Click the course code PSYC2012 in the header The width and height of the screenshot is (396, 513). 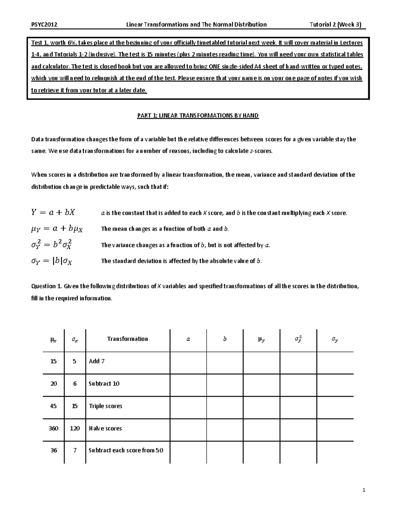pos(44,24)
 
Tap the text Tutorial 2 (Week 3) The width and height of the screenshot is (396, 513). pos(335,24)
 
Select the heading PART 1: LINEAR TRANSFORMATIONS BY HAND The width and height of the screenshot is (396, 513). pos(198,116)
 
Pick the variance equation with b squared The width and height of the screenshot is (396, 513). pos(52,245)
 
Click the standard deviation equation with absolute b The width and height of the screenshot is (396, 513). pos(51,261)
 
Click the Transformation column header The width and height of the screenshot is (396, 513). pos(127,339)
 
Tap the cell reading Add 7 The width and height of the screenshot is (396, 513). pos(97,361)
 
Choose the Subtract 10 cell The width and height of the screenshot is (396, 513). pos(104,384)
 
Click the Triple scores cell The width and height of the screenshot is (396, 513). pos(105,406)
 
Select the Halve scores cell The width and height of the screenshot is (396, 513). pos(105,428)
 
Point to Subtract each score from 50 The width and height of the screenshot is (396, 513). pos(126,451)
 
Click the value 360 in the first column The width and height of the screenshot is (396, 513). pos(53,428)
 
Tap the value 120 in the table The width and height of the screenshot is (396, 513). pos(75,428)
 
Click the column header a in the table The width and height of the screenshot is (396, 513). pos(188,339)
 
